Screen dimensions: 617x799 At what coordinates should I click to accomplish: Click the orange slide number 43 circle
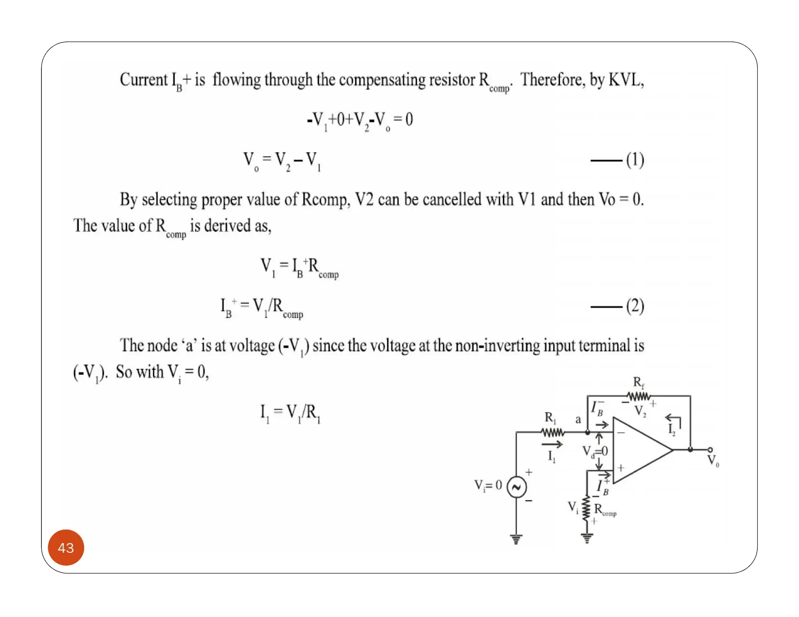click(66, 547)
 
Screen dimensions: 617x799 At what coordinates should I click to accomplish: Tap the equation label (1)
click(635, 160)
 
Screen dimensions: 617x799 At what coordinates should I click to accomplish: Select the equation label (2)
click(635, 306)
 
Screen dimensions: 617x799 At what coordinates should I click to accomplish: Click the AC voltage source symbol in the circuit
click(517, 487)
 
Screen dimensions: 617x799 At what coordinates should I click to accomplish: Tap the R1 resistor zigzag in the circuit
click(553, 433)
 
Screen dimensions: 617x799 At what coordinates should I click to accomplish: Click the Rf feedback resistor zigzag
click(639, 397)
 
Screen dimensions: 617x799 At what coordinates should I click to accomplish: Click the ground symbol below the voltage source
click(516, 539)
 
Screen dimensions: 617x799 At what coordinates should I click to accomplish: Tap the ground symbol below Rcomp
click(587, 539)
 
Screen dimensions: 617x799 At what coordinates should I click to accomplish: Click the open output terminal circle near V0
click(710, 450)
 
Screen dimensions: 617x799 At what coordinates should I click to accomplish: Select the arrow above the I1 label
click(552, 444)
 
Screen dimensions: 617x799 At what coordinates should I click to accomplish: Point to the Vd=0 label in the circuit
click(595, 452)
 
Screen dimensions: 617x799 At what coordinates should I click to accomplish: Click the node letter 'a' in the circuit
click(578, 420)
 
